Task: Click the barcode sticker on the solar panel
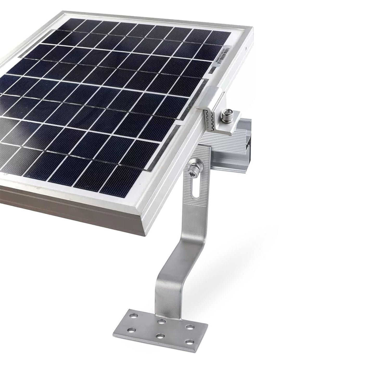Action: click(224, 56)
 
